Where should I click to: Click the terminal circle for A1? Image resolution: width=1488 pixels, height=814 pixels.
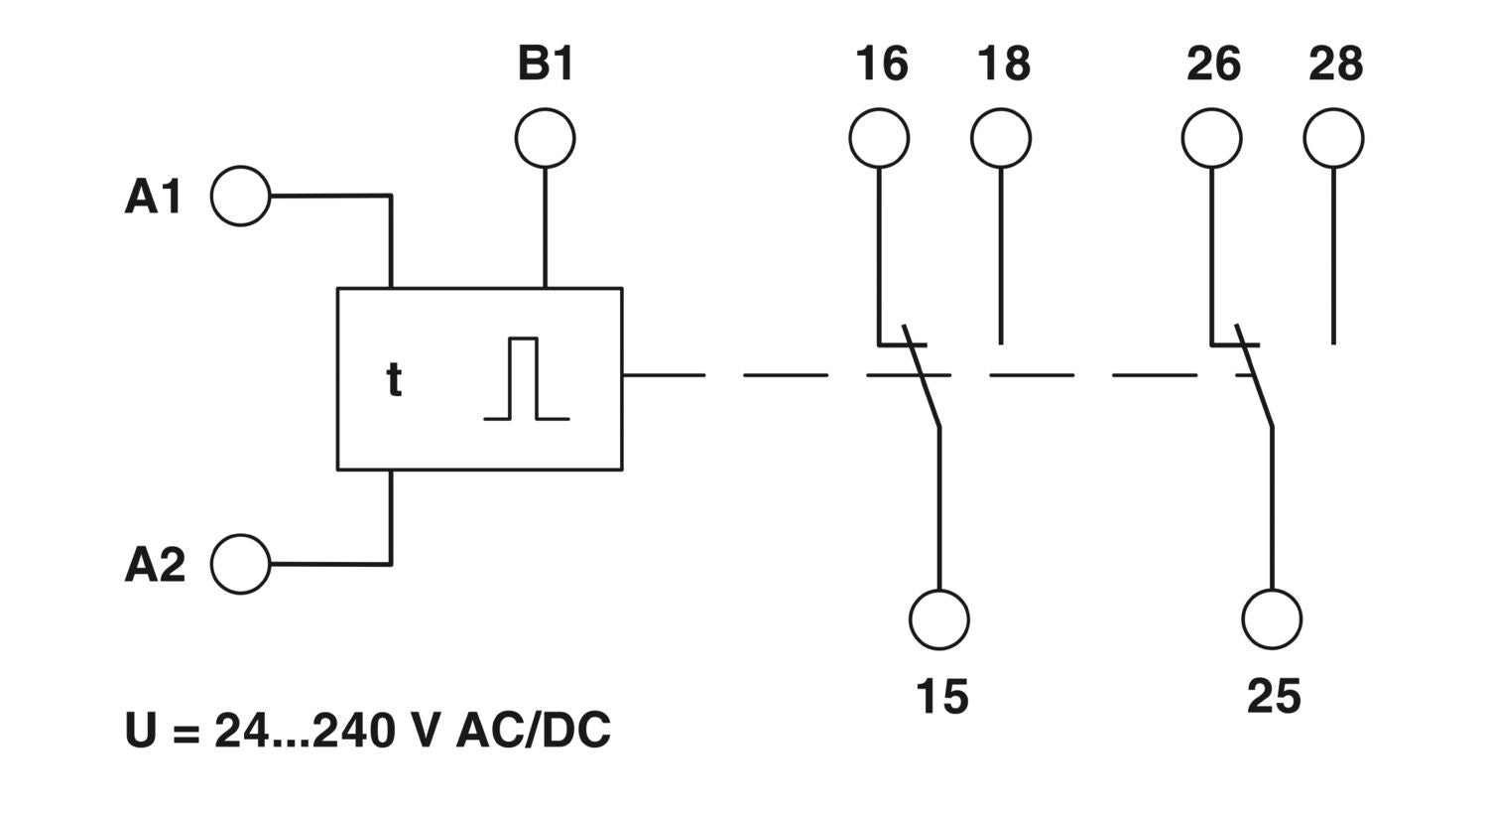241,197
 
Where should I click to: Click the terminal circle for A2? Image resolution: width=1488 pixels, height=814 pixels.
241,564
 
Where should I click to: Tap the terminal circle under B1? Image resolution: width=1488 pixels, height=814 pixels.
545,138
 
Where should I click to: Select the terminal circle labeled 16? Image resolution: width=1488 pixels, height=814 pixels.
879,138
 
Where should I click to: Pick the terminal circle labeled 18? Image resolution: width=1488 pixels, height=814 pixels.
1001,138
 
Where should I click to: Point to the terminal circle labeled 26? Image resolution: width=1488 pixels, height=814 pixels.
1211,138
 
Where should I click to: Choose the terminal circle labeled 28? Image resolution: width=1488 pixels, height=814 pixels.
1333,138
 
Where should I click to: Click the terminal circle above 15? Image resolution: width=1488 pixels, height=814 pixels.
939,619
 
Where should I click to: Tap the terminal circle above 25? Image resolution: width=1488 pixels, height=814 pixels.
1272,619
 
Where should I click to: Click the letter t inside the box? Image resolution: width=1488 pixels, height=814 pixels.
394,380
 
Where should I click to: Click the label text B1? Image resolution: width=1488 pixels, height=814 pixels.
546,64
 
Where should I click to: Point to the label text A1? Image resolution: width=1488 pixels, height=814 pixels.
155,197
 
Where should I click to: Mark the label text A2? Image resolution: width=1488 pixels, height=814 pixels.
155,564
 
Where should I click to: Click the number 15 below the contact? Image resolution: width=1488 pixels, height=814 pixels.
941,697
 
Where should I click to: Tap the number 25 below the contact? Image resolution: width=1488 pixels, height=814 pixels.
1274,697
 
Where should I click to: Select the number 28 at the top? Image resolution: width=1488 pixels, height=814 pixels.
1335,64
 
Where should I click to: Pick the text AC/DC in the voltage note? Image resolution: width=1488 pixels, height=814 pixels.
533,731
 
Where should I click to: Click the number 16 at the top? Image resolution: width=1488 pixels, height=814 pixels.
881,64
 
